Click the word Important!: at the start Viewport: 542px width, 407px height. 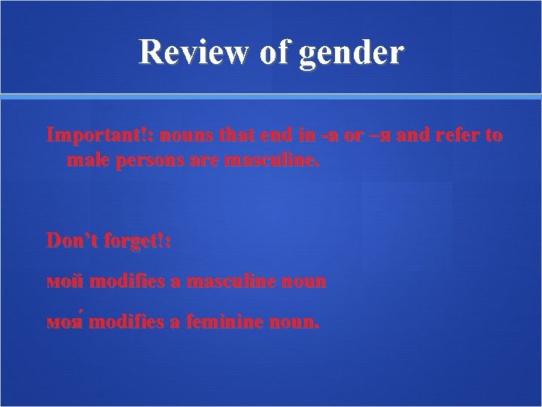(x=90, y=136)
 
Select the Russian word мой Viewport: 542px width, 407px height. (x=65, y=282)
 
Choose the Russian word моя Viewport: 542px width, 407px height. (x=65, y=323)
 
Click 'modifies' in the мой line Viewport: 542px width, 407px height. (x=129, y=282)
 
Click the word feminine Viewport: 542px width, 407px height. (x=227, y=323)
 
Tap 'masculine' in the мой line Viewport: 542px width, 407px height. (x=233, y=282)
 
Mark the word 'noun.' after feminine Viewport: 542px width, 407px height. (x=297, y=323)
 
